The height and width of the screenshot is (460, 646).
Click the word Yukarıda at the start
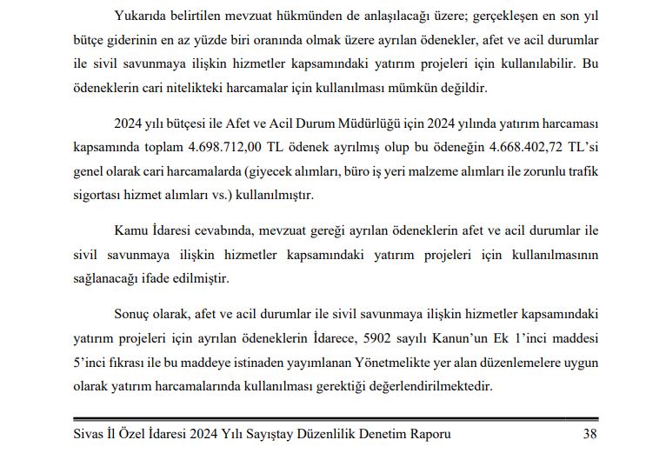[x=139, y=16]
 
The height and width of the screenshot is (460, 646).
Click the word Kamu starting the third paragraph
[x=130, y=230]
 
